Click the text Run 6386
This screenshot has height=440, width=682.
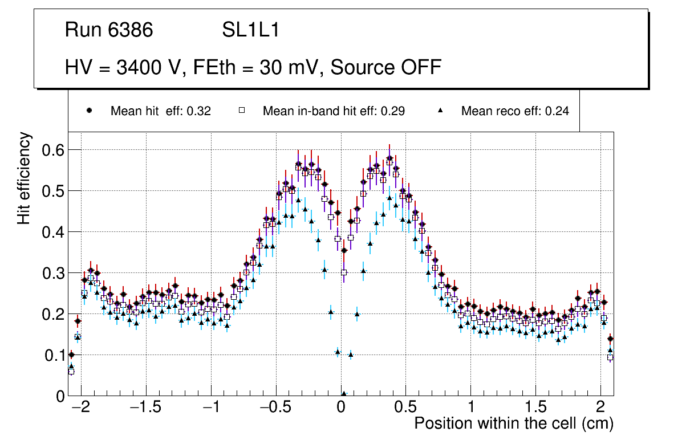pyautogui.click(x=109, y=30)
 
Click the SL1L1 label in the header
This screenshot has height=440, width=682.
pyautogui.click(x=251, y=30)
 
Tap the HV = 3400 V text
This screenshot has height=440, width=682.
pyautogui.click(x=124, y=67)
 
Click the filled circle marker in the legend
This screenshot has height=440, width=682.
pyautogui.click(x=89, y=111)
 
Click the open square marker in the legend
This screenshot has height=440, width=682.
pyautogui.click(x=241, y=111)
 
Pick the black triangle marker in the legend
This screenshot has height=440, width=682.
pyautogui.click(x=440, y=111)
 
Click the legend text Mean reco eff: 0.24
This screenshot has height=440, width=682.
pyautogui.click(x=515, y=111)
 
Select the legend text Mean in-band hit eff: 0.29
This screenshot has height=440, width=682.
pyautogui.click(x=334, y=111)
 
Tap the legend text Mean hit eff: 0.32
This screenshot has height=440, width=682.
pyautogui.click(x=161, y=111)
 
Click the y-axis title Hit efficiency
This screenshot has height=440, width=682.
pyautogui.click(x=24, y=178)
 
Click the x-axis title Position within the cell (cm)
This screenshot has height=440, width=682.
pyautogui.click(x=513, y=423)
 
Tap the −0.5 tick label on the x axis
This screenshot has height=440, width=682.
pyautogui.click(x=276, y=408)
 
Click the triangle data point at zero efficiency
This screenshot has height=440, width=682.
pyautogui.click(x=344, y=394)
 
